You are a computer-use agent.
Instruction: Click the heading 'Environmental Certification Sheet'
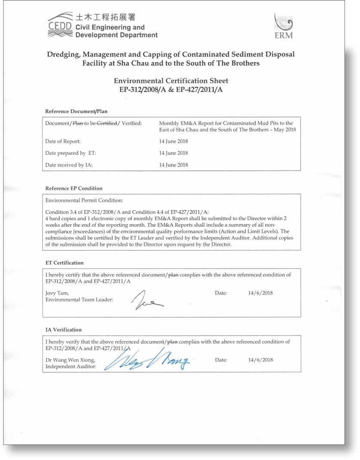tap(171, 80)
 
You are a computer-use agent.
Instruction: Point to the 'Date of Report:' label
tap(63, 141)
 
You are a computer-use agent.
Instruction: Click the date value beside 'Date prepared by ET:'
tap(173, 153)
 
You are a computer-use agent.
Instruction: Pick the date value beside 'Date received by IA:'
tap(173, 164)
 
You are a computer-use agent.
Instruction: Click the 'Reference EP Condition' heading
tap(74, 188)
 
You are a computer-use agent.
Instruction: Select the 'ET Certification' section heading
tap(65, 262)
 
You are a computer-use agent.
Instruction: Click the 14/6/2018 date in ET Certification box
tap(260, 293)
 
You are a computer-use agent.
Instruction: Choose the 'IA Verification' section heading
tap(63, 330)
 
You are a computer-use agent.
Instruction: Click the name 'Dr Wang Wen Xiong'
tap(70, 360)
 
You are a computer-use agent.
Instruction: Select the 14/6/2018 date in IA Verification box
tap(260, 360)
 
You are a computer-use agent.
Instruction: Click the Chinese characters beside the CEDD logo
tap(105, 17)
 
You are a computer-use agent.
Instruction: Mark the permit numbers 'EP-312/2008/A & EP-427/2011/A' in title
tap(171, 90)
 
